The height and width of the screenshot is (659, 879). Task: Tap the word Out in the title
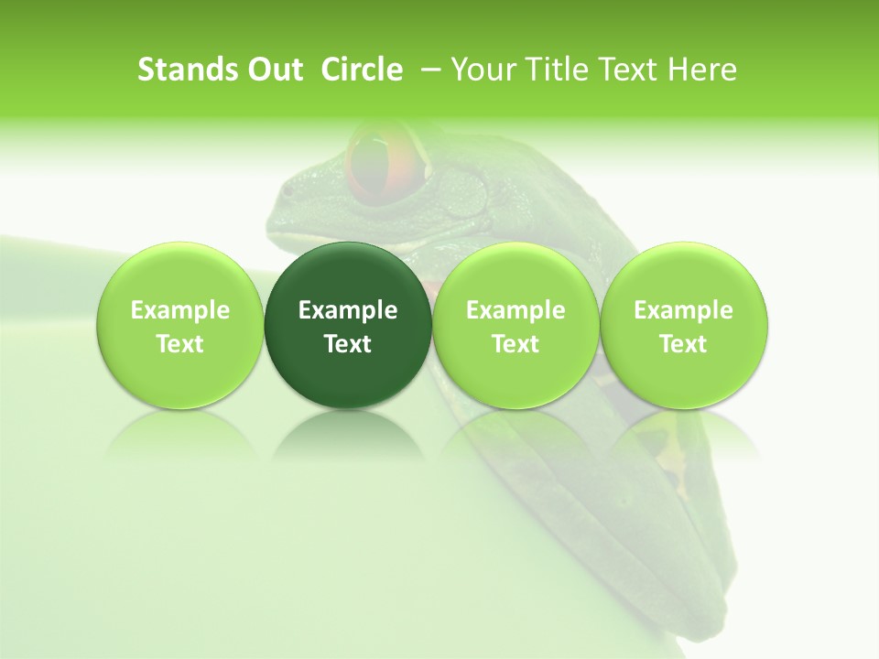(x=272, y=70)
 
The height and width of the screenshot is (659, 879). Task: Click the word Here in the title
(x=701, y=70)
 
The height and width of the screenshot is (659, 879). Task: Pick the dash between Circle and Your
(x=427, y=70)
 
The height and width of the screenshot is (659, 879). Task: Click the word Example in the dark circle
(x=348, y=310)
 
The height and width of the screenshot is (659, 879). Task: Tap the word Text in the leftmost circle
(x=180, y=344)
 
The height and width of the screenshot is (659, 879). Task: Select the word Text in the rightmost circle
(x=683, y=344)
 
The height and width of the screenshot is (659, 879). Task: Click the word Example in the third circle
(x=515, y=310)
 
